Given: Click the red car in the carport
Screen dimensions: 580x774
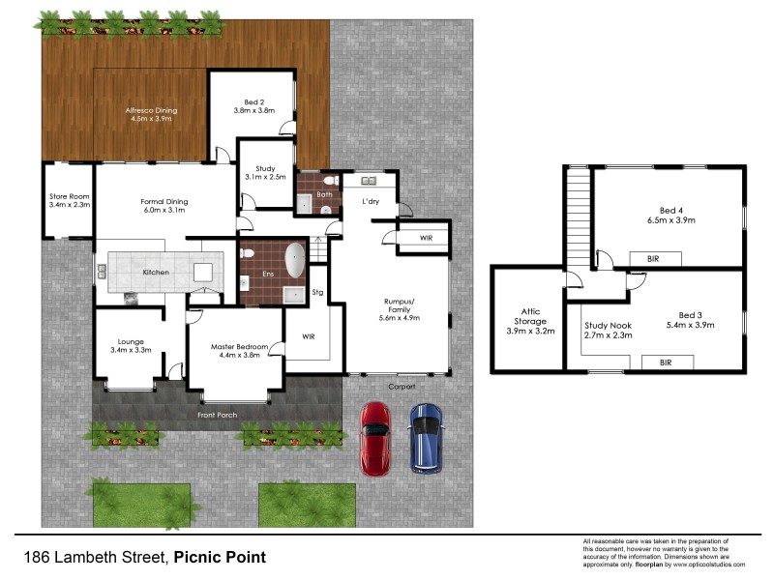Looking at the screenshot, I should pyautogui.click(x=374, y=438).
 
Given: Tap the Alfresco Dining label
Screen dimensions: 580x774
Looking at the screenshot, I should pyautogui.click(x=152, y=110).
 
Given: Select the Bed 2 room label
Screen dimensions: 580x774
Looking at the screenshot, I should pyautogui.click(x=253, y=101).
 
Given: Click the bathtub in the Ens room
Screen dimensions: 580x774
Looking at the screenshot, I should pyautogui.click(x=292, y=261).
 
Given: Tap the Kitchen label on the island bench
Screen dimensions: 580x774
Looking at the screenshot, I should pyautogui.click(x=156, y=273).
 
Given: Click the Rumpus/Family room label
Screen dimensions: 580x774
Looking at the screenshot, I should pyautogui.click(x=400, y=304).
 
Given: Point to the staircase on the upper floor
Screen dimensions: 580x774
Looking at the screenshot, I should pyautogui.click(x=578, y=216).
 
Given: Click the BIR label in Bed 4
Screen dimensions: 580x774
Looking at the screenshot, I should pyautogui.click(x=640, y=259).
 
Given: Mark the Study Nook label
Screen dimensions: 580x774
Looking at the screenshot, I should pyautogui.click(x=609, y=326).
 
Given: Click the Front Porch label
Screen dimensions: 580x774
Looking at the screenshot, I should pyautogui.click(x=217, y=416).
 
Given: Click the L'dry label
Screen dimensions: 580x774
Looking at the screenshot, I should pyautogui.click(x=370, y=202).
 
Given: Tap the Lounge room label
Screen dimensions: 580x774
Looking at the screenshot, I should pyautogui.click(x=131, y=341).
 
